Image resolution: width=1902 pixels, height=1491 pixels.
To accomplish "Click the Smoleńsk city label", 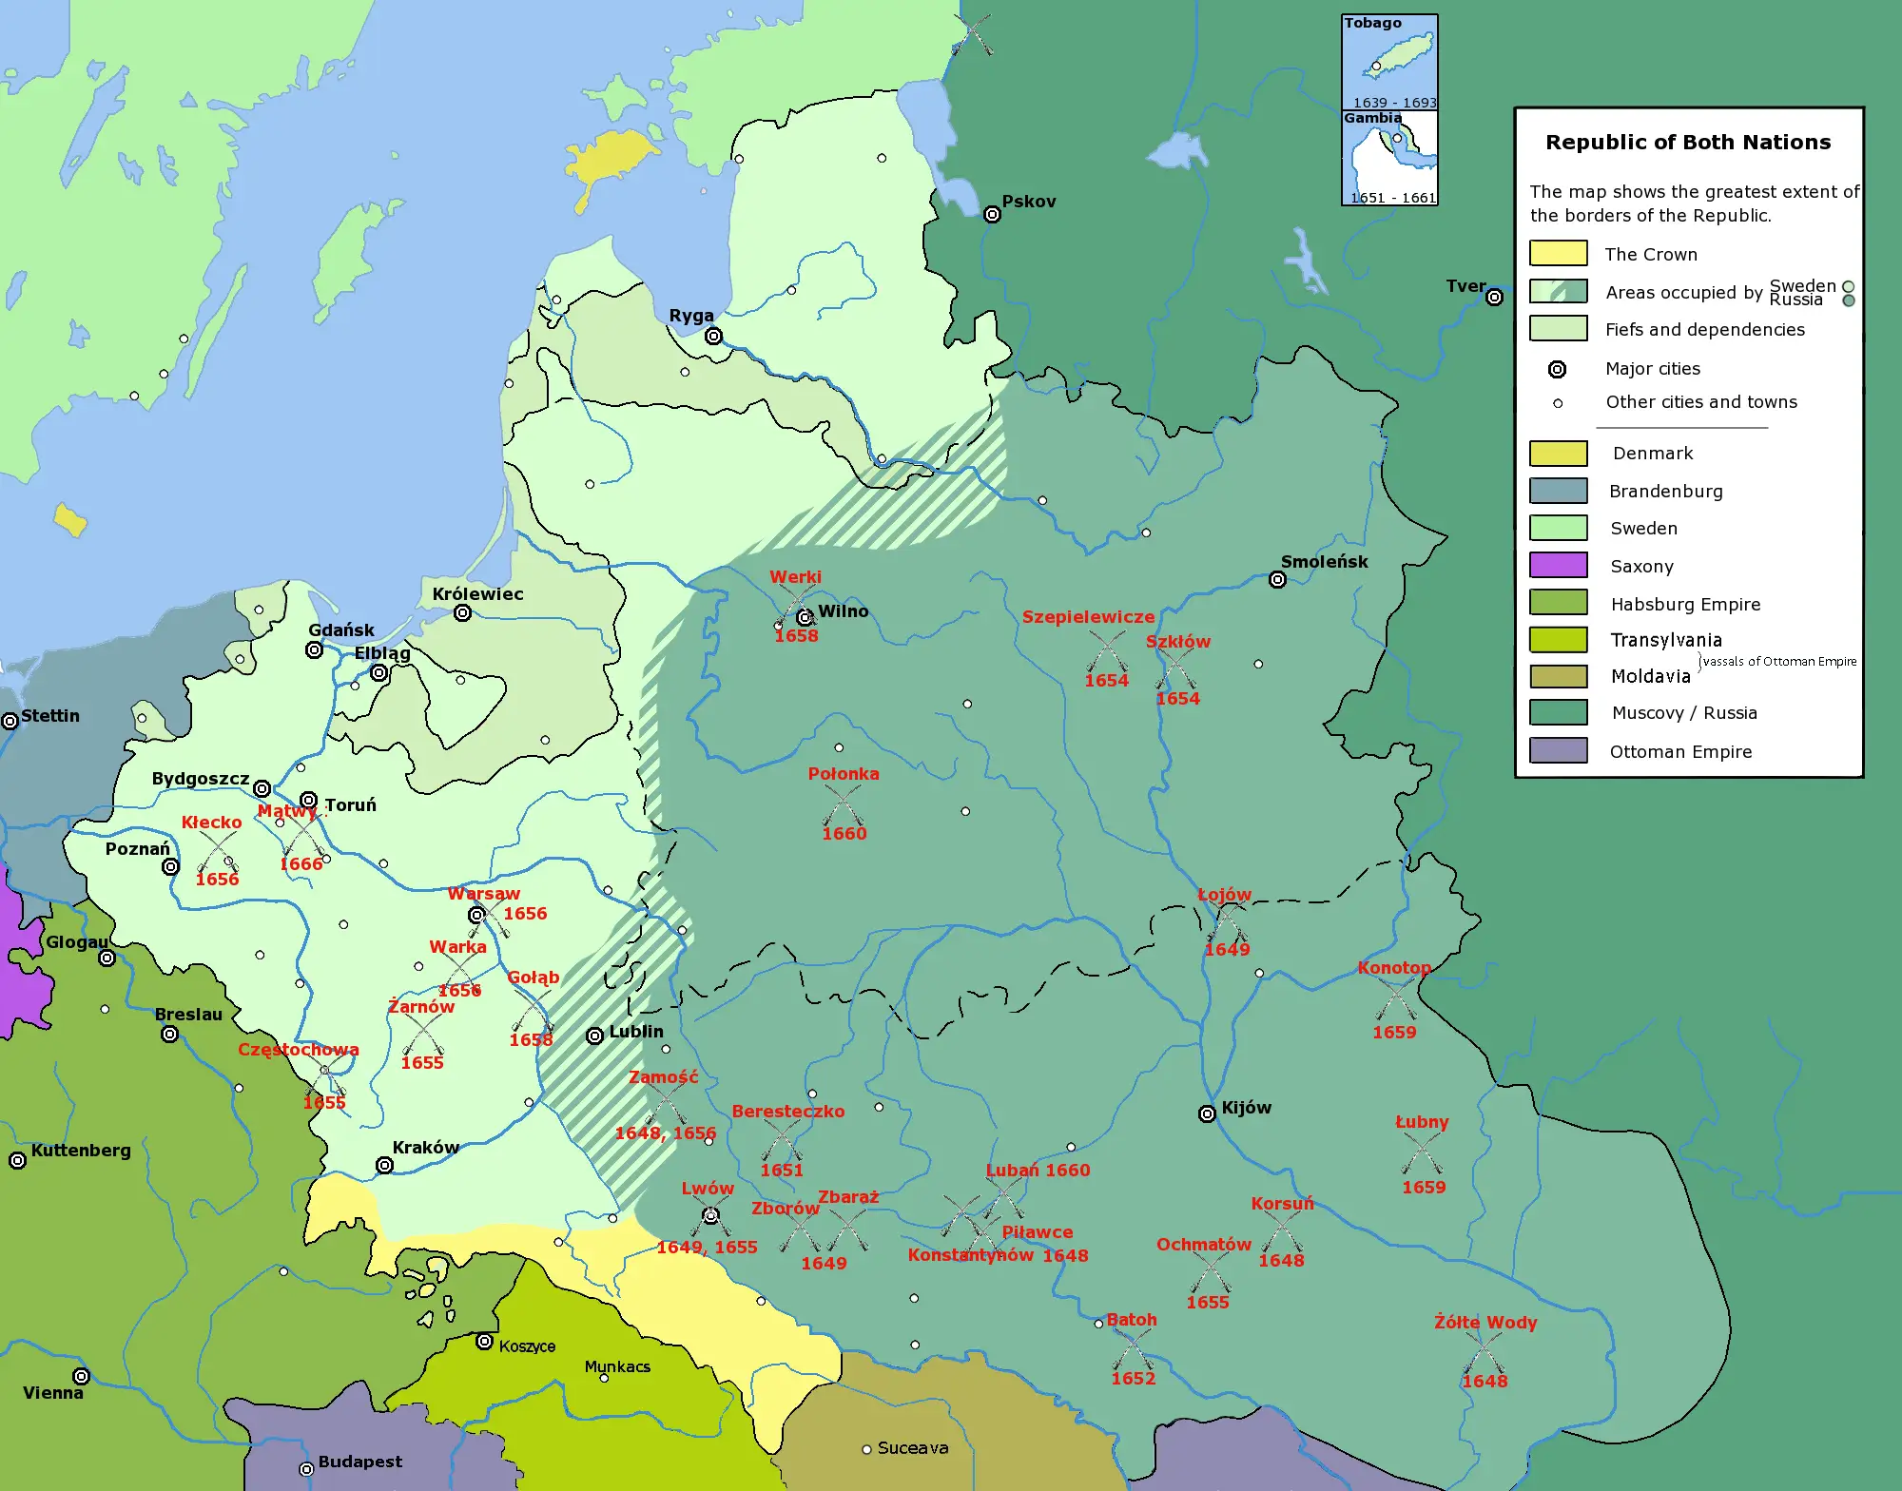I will click(1324, 561).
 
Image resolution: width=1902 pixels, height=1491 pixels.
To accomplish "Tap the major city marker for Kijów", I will click(1207, 1113).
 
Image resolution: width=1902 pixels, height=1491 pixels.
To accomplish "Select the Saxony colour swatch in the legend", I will click(1558, 565).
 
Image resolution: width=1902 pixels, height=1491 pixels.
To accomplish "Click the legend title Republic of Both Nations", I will click(1688, 142).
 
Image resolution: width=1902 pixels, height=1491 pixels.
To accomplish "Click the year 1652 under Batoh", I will click(1133, 1378).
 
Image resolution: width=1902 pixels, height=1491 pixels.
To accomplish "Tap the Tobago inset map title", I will click(1372, 23).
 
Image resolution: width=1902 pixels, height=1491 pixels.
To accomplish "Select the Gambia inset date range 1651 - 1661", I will click(1393, 198).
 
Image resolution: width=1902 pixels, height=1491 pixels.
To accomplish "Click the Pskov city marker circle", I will click(992, 215).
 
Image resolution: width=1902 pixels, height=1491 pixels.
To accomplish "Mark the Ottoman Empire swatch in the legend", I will click(1558, 750).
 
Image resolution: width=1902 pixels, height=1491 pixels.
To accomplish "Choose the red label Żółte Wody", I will click(1485, 1322).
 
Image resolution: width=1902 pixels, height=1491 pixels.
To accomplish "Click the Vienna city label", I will click(53, 1393).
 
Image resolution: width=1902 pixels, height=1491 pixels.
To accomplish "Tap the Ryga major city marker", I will click(713, 336).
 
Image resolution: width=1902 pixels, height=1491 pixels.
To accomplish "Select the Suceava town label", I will click(912, 1448).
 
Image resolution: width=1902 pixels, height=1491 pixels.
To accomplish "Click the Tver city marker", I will click(1494, 298).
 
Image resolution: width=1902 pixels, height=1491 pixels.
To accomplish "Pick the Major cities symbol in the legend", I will click(1557, 369).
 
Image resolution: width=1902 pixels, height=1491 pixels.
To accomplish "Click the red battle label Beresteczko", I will click(787, 1111).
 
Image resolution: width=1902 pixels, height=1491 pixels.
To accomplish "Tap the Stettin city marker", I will click(10, 721).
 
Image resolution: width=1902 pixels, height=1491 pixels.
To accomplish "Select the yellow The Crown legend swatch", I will click(1558, 253).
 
